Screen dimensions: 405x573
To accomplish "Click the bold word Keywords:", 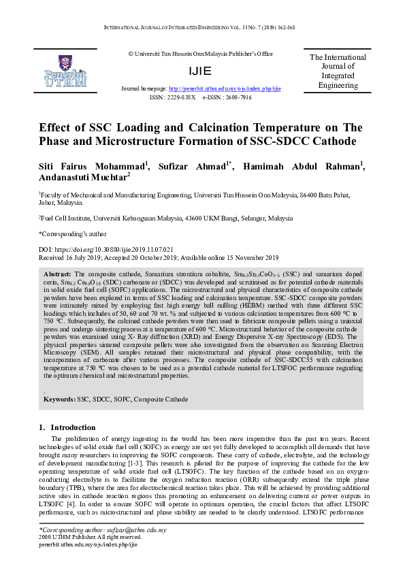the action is point(59,399).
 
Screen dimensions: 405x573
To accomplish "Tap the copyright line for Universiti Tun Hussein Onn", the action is point(200,53).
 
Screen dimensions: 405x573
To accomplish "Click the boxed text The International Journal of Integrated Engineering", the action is point(338,71).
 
